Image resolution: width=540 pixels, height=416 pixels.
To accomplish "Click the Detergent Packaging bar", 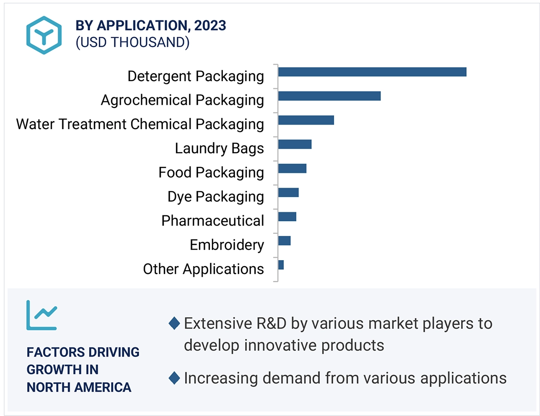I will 372,72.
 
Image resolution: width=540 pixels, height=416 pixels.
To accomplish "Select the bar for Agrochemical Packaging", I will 329,96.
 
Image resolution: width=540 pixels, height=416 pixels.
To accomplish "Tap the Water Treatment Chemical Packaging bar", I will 306,120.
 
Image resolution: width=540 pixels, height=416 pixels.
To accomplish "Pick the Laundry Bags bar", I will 294,144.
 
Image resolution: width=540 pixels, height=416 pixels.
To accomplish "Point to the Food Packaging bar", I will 292,168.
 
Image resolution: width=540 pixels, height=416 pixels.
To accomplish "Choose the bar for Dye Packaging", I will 288,192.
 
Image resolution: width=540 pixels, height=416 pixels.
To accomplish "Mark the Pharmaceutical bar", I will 287,216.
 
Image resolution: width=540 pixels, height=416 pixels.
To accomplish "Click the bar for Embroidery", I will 284,241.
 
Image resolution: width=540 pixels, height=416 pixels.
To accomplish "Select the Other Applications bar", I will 281,265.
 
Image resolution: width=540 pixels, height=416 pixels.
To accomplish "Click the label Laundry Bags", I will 219,149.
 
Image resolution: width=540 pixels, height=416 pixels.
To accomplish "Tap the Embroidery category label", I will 227,245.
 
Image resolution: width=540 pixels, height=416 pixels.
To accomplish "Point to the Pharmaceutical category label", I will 212,221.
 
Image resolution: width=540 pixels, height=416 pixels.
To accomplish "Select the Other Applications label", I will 203,269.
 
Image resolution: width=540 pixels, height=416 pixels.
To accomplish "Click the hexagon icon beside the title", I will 44,35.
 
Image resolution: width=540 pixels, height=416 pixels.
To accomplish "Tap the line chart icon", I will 42,315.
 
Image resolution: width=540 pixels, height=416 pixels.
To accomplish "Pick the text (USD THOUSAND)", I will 132,42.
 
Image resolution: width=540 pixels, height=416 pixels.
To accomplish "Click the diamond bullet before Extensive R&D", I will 174,323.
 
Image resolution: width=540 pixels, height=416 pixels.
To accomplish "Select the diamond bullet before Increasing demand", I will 174,378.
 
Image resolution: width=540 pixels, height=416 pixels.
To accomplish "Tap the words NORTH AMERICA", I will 79,387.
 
